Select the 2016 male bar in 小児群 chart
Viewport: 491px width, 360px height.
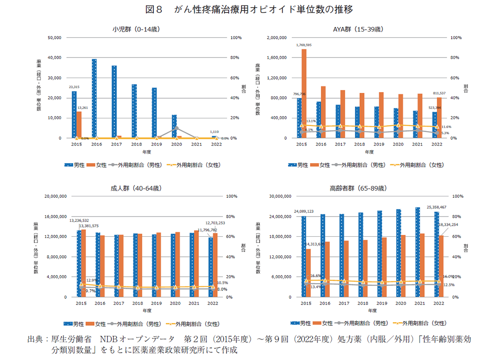pyautogui.click(x=94, y=98)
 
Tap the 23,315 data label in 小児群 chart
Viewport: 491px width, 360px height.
pyautogui.click(x=74, y=87)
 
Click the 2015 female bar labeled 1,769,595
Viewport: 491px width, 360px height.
pyautogui.click(x=304, y=93)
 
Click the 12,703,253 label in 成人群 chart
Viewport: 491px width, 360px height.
pyautogui.click(x=214, y=222)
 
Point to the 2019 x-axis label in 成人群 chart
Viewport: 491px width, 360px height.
pyautogui.click(x=156, y=303)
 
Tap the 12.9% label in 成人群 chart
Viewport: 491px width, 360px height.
pyautogui.click(x=91, y=281)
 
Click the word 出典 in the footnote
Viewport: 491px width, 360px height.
pyautogui.click(x=35, y=339)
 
